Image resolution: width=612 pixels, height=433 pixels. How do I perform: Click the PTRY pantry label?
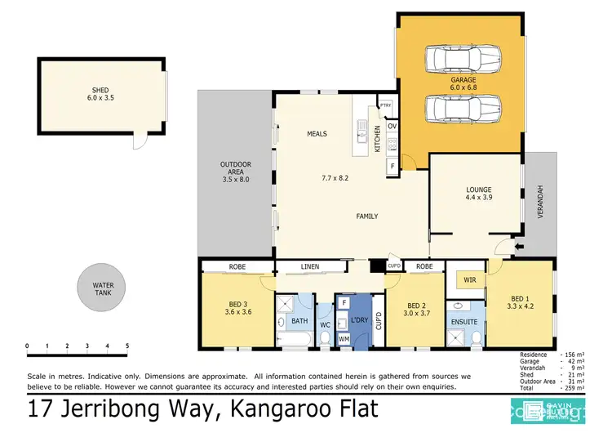[385, 106]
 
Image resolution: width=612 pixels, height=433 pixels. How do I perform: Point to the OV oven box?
[392, 126]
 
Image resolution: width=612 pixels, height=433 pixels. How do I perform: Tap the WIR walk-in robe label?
[471, 280]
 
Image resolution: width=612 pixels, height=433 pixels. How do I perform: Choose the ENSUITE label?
[464, 322]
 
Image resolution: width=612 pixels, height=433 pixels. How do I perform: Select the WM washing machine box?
[344, 338]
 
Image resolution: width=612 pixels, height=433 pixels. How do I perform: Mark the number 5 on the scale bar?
[126, 346]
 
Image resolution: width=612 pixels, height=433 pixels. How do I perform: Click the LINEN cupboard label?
[310, 266]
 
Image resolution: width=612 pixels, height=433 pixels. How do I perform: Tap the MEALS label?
[317, 134]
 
